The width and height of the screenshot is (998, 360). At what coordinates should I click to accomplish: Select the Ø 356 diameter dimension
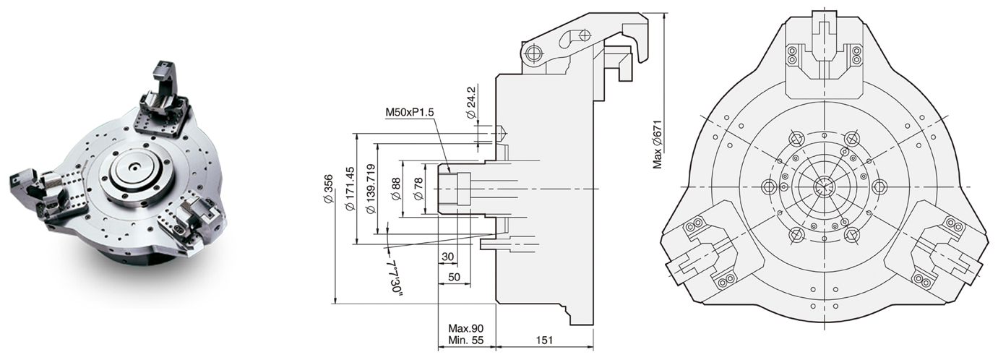(330, 192)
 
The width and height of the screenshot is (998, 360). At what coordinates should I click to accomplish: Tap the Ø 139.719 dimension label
(371, 189)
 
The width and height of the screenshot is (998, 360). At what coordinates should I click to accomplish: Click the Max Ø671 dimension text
(658, 143)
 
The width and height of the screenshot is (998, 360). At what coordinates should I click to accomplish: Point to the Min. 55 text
(466, 340)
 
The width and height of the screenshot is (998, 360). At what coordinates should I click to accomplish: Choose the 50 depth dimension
(455, 278)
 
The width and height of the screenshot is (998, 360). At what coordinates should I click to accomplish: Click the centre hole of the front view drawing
(823, 187)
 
